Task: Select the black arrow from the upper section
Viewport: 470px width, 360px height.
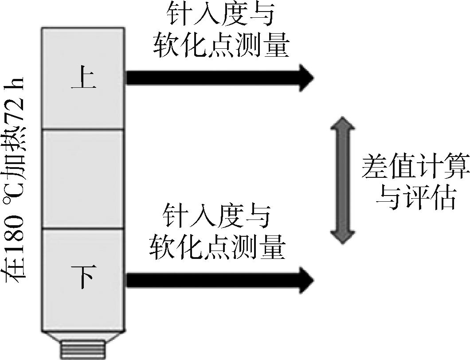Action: [217, 78]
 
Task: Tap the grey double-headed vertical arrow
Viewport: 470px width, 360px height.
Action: [342, 180]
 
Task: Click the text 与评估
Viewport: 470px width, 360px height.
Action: [415, 198]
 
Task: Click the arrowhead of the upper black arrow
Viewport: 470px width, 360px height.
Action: [306, 78]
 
